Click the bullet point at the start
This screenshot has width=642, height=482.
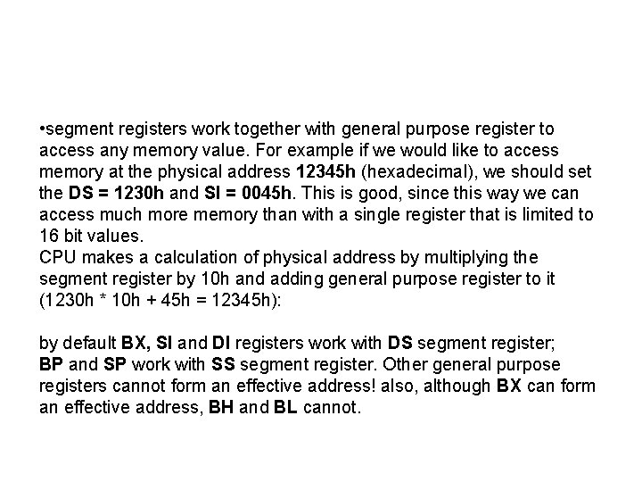[x=42, y=130]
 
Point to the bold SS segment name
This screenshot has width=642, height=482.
[x=223, y=365]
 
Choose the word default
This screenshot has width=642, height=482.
[x=89, y=344]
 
